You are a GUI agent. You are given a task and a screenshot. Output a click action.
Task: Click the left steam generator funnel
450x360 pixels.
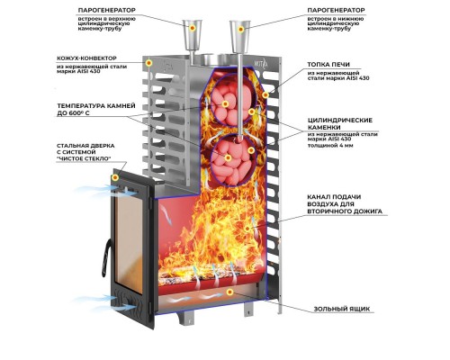192,34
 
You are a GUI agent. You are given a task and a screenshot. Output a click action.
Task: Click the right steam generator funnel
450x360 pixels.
239,36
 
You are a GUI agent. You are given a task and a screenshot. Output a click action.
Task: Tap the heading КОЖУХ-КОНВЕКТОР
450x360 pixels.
86,58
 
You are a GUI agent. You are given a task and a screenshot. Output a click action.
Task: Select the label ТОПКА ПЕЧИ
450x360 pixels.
328,65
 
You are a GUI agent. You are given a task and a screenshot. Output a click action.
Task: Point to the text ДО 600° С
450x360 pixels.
73,113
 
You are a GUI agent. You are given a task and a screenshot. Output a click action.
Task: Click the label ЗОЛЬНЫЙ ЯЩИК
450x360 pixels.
342,309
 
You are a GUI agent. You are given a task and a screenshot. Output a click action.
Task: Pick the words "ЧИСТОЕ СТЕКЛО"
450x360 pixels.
84,158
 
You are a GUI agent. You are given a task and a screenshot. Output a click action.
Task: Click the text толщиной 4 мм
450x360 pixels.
330,146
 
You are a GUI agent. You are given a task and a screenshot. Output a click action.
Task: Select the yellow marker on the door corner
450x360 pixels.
115,177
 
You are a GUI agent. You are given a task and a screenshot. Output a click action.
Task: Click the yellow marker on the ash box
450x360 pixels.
229,292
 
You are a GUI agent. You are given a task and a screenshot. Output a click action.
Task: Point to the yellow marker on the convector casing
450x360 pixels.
148,63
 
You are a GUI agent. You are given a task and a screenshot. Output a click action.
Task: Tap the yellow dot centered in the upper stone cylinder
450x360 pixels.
225,103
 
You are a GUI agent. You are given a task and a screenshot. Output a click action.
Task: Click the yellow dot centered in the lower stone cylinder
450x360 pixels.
228,157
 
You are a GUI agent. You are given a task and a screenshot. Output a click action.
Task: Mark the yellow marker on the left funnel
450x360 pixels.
193,28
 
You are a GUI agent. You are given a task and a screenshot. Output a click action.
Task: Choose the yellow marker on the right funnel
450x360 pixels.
240,29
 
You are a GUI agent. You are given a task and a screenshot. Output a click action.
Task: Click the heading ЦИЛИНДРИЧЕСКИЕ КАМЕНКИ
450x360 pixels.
340,123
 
